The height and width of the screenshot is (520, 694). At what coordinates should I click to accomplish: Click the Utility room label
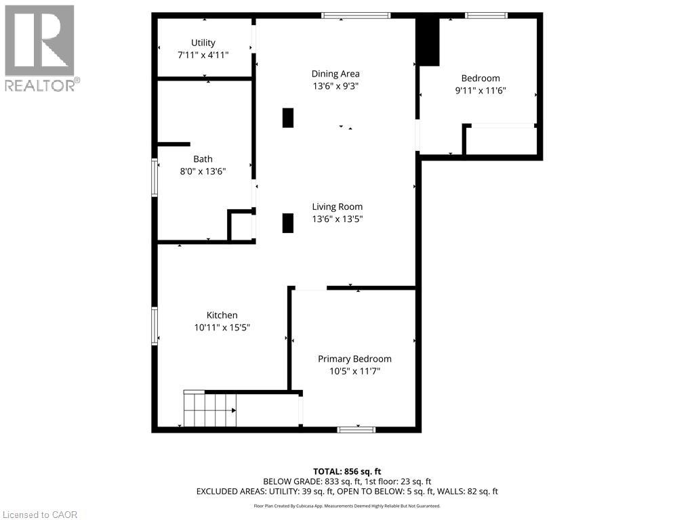tap(203, 43)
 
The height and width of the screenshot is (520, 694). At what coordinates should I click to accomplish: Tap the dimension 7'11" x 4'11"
tap(203, 55)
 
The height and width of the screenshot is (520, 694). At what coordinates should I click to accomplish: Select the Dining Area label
tap(335, 74)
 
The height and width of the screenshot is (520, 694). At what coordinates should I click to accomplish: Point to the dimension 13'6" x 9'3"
tap(335, 86)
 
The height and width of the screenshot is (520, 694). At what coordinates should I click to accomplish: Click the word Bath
tap(203, 159)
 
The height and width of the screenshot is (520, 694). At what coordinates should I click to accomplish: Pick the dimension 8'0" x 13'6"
tap(203, 171)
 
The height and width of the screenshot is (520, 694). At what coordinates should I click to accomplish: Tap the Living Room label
tap(337, 207)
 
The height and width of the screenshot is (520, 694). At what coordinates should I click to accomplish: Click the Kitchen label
tap(222, 315)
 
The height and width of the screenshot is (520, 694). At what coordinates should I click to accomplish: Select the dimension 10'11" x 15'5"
tap(222, 327)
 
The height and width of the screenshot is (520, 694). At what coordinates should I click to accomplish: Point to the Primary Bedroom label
tap(354, 359)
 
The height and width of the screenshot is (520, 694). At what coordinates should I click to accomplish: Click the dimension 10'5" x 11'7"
tap(354, 371)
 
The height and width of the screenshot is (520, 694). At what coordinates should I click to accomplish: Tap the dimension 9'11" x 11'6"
tap(481, 90)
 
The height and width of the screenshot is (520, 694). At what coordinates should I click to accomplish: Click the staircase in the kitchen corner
tap(209, 409)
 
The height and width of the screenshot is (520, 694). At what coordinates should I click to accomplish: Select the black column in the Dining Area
tap(288, 118)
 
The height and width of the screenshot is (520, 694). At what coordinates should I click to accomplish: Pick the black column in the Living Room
tap(288, 223)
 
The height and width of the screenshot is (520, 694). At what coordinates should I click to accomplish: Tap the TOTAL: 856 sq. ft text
tap(346, 471)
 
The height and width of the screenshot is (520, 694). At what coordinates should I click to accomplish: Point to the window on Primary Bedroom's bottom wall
tap(356, 429)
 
